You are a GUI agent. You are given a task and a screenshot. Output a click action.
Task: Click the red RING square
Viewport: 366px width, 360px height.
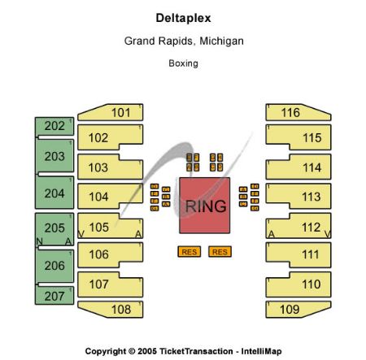pos(204,206)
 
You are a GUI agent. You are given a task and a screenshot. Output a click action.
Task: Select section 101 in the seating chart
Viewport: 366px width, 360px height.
pos(120,112)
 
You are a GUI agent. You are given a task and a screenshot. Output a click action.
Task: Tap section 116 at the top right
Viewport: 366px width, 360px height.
pos(290,112)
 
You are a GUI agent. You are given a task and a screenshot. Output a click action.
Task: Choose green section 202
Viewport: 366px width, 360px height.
pos(54,126)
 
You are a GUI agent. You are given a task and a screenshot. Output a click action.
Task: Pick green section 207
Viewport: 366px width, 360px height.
pos(54,296)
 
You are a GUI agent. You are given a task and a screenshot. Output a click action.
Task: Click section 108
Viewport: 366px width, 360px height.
pos(120,309)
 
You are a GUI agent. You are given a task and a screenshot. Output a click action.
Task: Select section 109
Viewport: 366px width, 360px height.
pos(290,309)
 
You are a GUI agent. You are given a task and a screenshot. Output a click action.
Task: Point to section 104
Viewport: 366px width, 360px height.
pos(98,197)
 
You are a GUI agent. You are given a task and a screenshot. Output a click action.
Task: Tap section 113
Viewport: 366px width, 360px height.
pos(311,197)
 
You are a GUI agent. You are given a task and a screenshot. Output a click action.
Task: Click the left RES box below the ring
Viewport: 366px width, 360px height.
pos(189,252)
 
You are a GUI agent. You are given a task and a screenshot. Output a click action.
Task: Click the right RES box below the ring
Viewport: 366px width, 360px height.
pos(219,252)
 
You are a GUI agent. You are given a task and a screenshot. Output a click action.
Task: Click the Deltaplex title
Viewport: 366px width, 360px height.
pos(183,17)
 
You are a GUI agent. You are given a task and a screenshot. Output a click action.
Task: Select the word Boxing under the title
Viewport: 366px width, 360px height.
pos(183,63)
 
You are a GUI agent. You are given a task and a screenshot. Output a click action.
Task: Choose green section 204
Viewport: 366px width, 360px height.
pos(54,193)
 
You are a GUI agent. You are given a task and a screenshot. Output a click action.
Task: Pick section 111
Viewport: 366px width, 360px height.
pos(311,255)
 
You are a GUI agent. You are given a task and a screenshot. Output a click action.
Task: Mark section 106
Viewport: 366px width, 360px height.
pos(98,255)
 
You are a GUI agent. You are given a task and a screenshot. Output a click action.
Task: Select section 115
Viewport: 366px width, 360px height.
pos(311,138)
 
